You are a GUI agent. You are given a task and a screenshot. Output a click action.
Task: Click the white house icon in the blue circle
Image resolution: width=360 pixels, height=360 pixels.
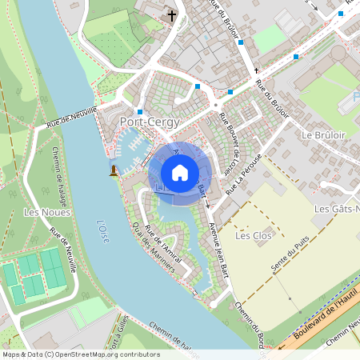[x=179, y=171]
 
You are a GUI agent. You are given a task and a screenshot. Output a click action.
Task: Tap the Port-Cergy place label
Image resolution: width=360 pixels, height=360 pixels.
[x=149, y=122]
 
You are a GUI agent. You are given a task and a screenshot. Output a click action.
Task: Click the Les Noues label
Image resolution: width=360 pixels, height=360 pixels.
[x=47, y=212]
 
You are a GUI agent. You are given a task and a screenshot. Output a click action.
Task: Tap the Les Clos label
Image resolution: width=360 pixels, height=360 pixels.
[x=254, y=236]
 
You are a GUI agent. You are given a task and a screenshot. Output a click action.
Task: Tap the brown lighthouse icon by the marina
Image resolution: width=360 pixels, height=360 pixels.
[x=114, y=170]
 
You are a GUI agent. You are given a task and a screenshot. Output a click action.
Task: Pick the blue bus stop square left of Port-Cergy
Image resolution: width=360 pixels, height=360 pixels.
[x=140, y=111]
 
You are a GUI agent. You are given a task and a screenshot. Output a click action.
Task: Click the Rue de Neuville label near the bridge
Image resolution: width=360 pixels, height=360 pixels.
[x=72, y=118]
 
